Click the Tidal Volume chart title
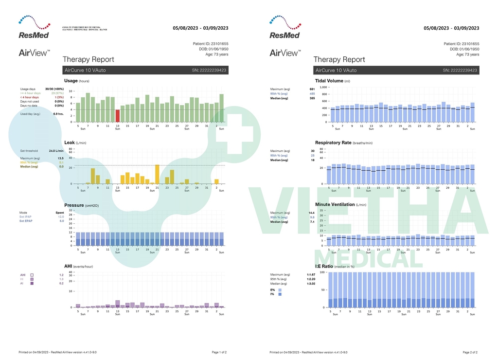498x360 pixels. tap(330, 81)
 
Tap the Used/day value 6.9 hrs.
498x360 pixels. tap(58, 113)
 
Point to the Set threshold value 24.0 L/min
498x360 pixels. tap(56, 151)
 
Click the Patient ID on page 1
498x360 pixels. tap(211, 44)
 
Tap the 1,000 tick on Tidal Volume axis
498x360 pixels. tap(323, 87)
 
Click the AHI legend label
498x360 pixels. tap(22, 275)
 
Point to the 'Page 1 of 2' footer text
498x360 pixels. tap(219, 352)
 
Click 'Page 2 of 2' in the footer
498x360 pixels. tap(470, 352)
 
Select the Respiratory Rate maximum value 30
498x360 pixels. tap(313, 151)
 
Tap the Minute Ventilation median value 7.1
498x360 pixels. tap(312, 222)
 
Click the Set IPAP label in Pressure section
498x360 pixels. tap(25, 217)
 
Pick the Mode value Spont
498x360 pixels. tap(60, 213)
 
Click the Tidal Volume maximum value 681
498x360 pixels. tap(312, 89)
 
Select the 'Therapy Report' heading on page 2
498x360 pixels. tap(339, 59)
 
